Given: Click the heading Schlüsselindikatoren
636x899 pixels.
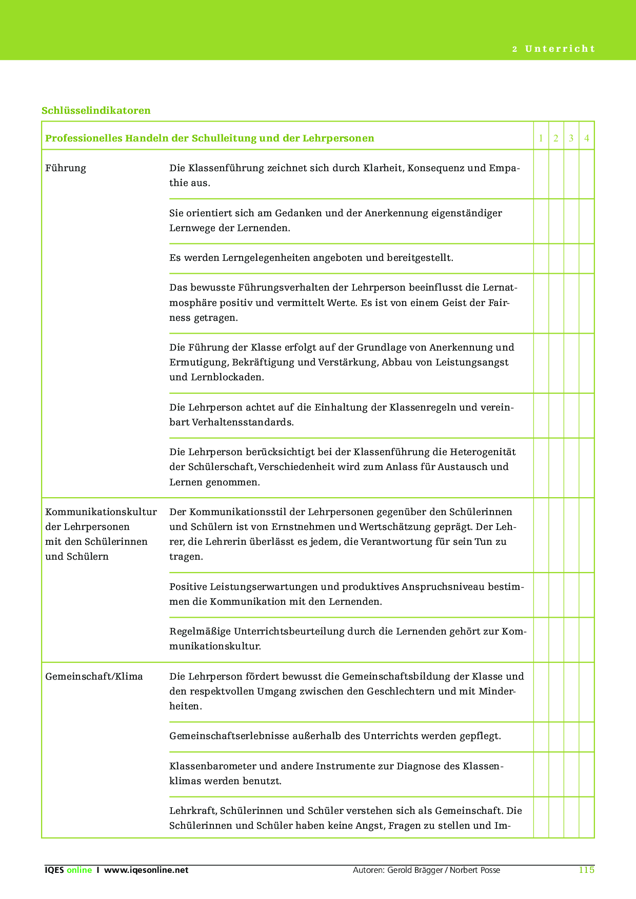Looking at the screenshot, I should pyautogui.click(x=96, y=111).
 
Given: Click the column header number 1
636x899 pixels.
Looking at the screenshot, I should pyautogui.click(x=541, y=138).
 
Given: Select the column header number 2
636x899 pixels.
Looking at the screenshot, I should pyautogui.click(x=556, y=138).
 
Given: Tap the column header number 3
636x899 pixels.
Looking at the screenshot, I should pyautogui.click(x=571, y=138).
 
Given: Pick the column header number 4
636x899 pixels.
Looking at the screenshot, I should pyautogui.click(x=586, y=138).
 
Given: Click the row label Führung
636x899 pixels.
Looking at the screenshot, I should pyautogui.click(x=66, y=168).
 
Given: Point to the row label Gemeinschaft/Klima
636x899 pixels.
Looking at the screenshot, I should pyautogui.click(x=94, y=677).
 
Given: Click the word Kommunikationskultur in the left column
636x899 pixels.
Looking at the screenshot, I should pyautogui.click(x=101, y=512).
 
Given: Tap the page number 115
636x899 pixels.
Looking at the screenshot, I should pyautogui.click(x=586, y=870).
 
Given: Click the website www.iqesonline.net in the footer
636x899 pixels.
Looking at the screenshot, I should pyautogui.click(x=146, y=870).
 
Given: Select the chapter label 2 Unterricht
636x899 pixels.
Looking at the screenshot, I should pyautogui.click(x=553, y=49).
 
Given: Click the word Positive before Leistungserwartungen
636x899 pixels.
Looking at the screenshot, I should pyautogui.click(x=188, y=587).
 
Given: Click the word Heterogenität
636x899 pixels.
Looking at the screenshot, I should pyautogui.click(x=483, y=452).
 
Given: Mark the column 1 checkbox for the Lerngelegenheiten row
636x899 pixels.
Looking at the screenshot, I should pyautogui.click(x=541, y=258).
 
